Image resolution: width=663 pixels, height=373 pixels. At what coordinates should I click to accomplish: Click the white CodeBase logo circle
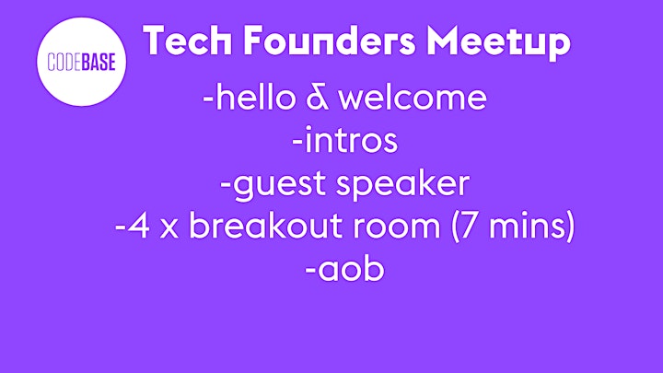coord(81,62)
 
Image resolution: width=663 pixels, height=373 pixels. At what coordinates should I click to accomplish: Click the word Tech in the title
coord(187,41)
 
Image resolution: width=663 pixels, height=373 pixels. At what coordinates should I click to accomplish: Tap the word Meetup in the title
coord(498,42)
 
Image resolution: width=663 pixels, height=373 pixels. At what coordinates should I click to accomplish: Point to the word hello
coord(256,98)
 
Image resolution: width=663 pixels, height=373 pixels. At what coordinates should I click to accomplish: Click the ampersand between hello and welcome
coord(317,99)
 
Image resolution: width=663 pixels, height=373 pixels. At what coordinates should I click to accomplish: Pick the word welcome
coord(413,98)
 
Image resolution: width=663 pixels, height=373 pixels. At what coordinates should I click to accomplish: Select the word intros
coord(351,140)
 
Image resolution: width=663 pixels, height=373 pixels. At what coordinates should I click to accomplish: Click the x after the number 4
coord(169,229)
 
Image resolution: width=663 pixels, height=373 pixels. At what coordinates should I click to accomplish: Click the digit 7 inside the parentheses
coord(471,226)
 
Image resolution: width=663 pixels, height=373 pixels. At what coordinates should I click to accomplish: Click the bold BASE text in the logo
coord(99,63)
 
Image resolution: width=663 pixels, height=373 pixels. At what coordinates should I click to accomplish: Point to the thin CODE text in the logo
coord(64,63)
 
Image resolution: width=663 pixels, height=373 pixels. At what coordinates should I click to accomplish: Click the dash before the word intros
coord(297,143)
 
